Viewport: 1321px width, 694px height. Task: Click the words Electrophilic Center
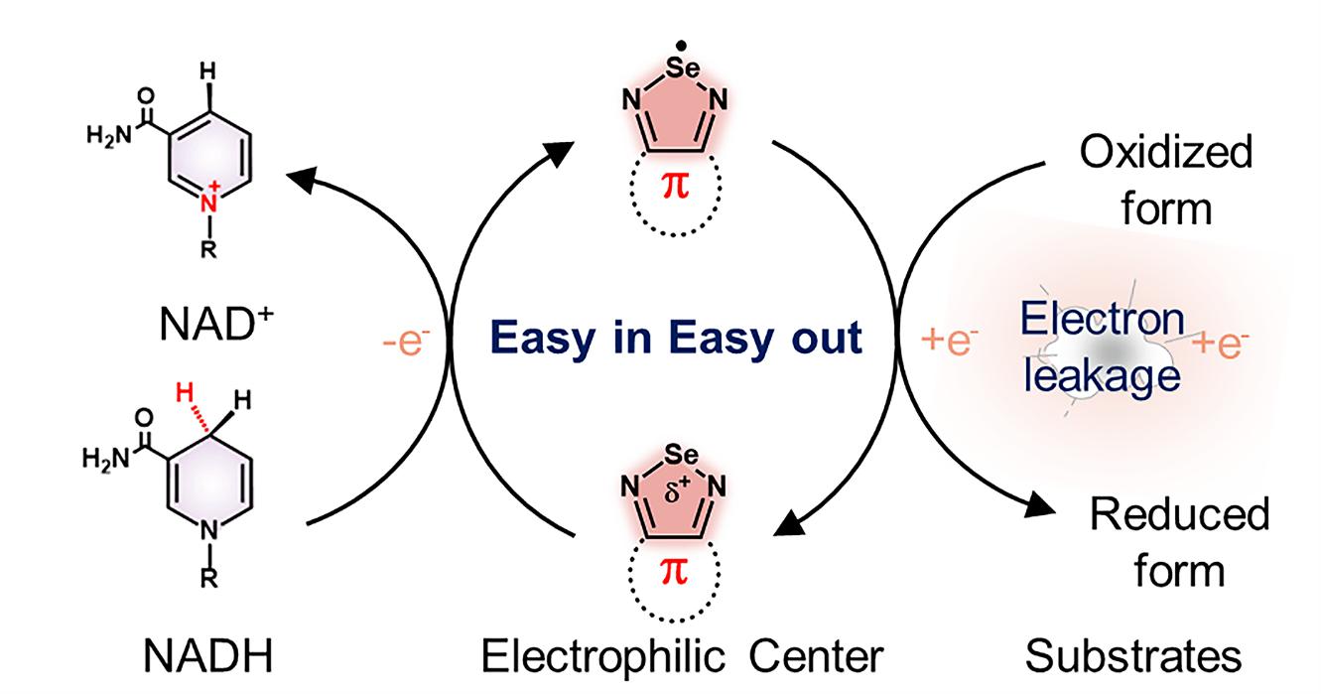[681, 656]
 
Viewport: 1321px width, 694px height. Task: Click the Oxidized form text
[1165, 181]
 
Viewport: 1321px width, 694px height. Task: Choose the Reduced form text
[1179, 542]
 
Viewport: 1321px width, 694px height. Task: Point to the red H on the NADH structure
[182, 395]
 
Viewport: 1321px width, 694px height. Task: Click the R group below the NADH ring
[207, 582]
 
